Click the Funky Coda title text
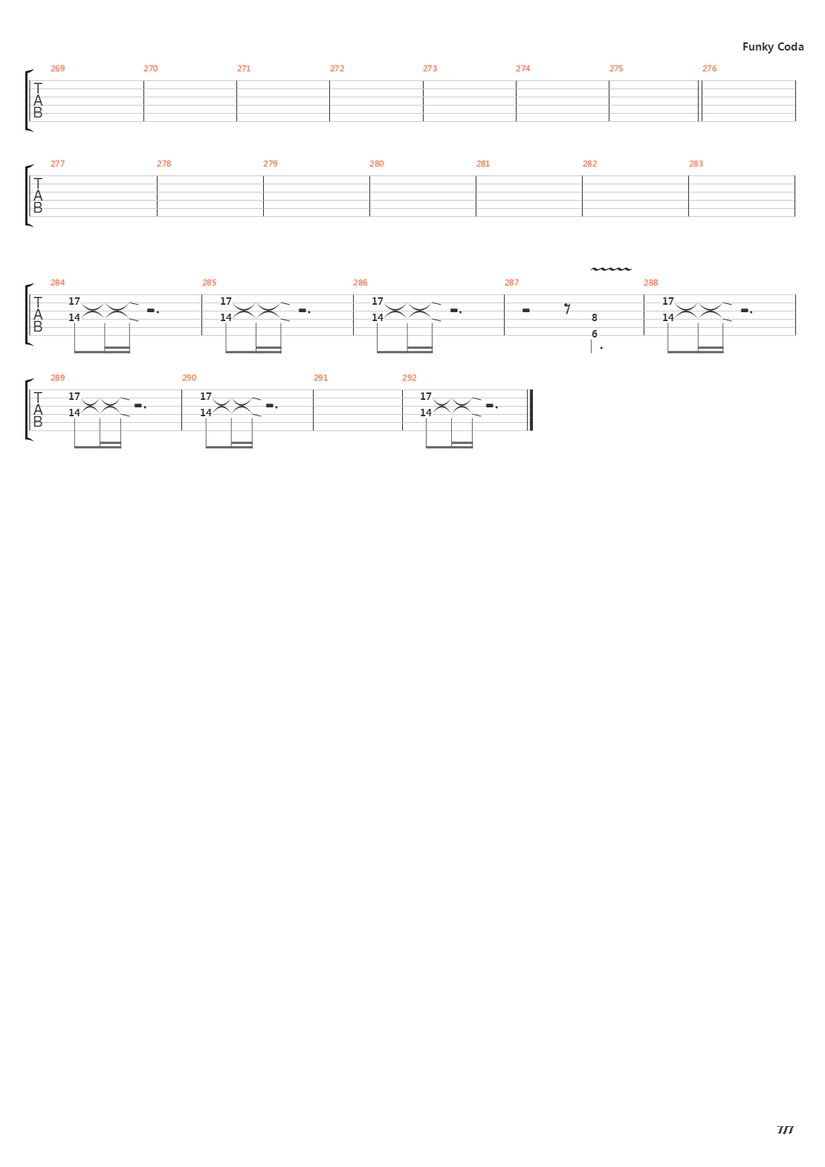tap(772, 47)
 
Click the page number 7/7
tap(785, 1130)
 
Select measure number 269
tap(57, 68)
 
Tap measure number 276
tap(709, 68)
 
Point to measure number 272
tap(337, 68)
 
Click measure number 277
tap(57, 164)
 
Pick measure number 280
tap(377, 164)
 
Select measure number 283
tap(696, 164)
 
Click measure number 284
tap(57, 282)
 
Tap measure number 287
tap(511, 282)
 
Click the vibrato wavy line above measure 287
tap(610, 269)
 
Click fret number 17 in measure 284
tap(74, 301)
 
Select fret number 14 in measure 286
tap(377, 317)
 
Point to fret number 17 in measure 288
tap(667, 301)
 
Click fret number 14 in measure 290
tap(205, 413)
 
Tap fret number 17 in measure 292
tap(425, 396)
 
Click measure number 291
tap(320, 378)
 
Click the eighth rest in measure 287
tap(567, 306)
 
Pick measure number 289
tap(57, 378)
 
